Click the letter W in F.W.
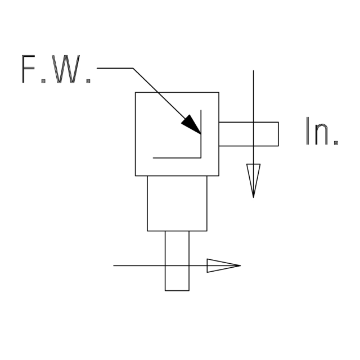[x=66, y=69]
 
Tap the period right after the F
[x=43, y=81]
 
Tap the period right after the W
[x=88, y=81]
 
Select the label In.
[x=322, y=131]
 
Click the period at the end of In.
[x=336, y=143]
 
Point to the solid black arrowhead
[x=191, y=124]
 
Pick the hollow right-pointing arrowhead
[x=224, y=265]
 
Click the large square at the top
[x=177, y=92]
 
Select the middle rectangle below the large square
[x=177, y=231]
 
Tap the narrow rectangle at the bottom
[x=177, y=290]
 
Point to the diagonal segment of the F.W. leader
[x=167, y=101]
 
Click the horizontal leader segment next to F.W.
[x=115, y=68]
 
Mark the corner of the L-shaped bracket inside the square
[x=201, y=158]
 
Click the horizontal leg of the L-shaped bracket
[x=177, y=158]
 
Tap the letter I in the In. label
[x=308, y=131]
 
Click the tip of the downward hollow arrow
[x=254, y=197]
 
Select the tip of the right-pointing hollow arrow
[x=241, y=265]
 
